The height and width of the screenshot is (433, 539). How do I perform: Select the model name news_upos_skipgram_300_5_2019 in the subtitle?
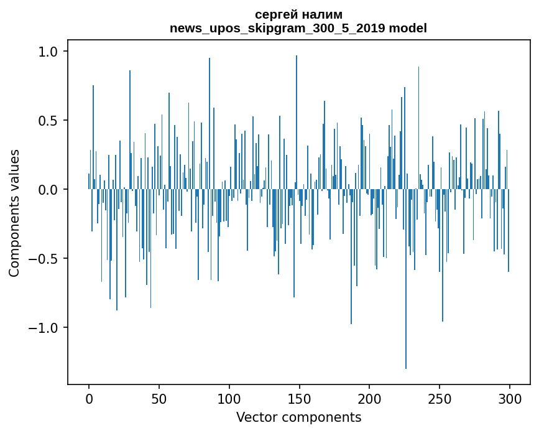click(x=280, y=29)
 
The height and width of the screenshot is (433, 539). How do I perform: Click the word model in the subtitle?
click(x=409, y=29)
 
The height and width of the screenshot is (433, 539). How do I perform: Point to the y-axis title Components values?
click(x=14, y=213)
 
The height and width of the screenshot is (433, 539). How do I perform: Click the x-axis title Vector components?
click(x=298, y=417)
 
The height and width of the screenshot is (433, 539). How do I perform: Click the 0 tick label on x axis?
click(x=89, y=398)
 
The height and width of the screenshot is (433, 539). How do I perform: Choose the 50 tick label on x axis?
click(x=159, y=398)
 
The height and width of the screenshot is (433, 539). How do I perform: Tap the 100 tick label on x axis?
click(x=229, y=398)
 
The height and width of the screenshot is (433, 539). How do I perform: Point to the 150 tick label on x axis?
click(x=299, y=398)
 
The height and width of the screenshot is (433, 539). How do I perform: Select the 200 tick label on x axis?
click(x=369, y=398)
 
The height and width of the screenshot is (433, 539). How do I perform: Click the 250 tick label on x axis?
click(x=440, y=398)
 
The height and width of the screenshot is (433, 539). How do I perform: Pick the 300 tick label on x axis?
click(x=509, y=398)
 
